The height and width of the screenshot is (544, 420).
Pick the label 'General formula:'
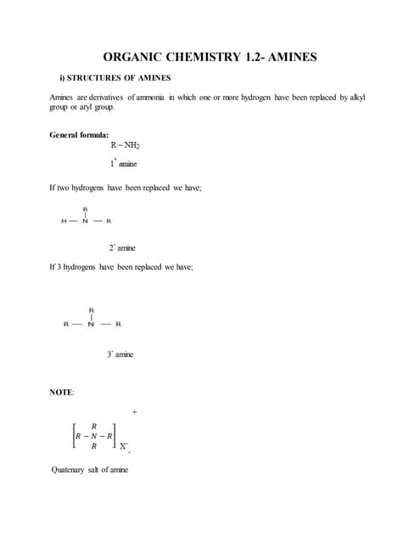click(79, 135)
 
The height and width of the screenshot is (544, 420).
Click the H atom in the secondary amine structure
click(64, 222)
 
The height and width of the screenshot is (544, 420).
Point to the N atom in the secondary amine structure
click(86, 222)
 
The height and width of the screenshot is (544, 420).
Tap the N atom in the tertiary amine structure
click(91, 325)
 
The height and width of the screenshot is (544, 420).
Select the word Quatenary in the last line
click(69, 469)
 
